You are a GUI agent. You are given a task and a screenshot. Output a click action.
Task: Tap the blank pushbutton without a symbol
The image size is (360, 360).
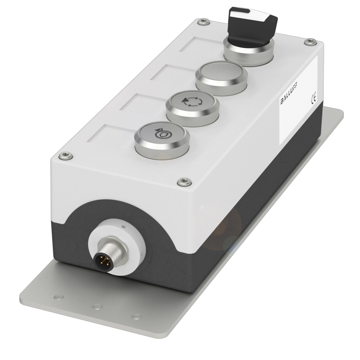coord(221,78)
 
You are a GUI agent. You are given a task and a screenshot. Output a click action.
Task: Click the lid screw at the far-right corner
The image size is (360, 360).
coord(310,42)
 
